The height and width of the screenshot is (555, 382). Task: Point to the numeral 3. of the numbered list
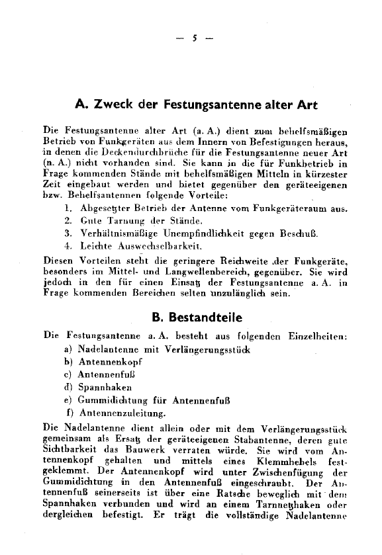[68, 233]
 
